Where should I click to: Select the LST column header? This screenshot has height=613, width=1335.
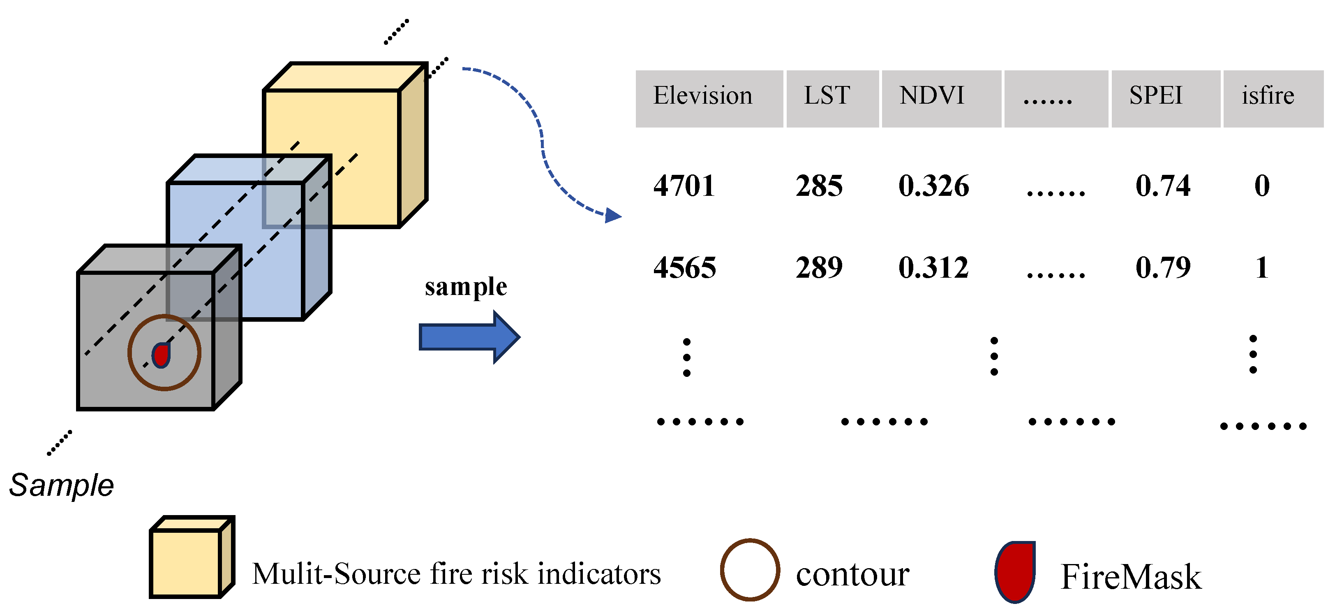[827, 96]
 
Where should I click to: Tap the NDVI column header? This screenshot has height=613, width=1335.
[932, 96]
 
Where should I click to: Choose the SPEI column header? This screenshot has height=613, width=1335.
[1156, 96]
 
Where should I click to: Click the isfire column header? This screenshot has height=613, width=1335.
[1268, 96]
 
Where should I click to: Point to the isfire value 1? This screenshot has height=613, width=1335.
[1262, 268]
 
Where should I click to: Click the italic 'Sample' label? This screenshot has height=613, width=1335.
[61, 485]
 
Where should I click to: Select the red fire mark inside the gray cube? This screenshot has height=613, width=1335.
[161, 355]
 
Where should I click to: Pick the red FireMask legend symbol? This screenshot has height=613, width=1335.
[1015, 571]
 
